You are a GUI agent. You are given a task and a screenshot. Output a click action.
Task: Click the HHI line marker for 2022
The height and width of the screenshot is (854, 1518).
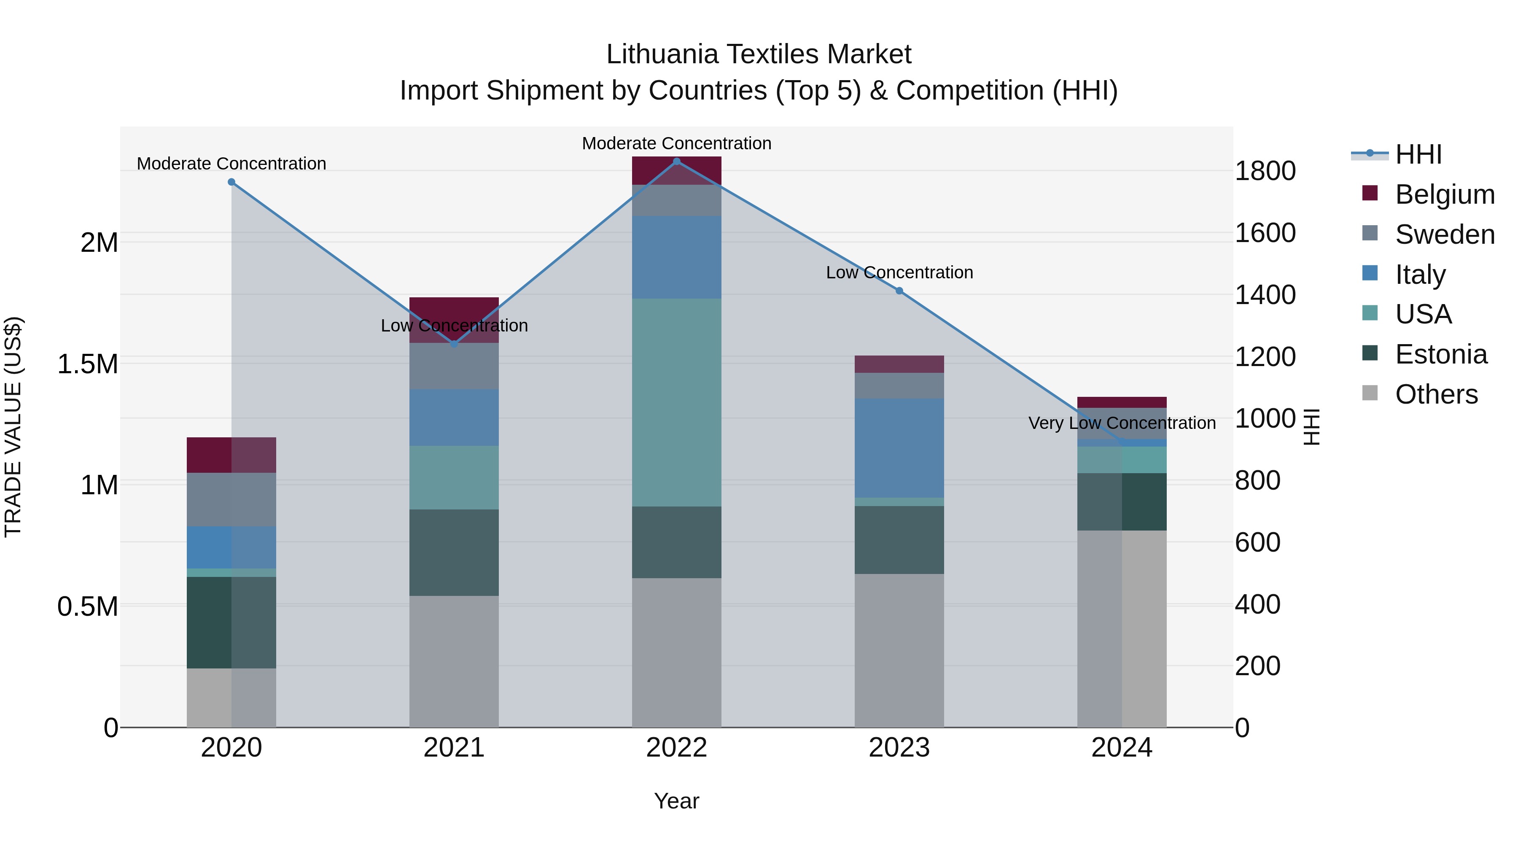[x=676, y=162]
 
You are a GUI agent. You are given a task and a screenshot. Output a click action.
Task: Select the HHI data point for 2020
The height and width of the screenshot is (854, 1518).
[x=231, y=182]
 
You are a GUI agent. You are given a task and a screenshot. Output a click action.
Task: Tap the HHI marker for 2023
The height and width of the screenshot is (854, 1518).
[x=899, y=291]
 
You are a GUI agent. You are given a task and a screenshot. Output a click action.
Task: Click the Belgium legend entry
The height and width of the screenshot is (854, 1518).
[x=1444, y=194]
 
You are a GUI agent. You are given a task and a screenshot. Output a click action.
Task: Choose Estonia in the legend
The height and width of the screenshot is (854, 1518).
[x=1440, y=354]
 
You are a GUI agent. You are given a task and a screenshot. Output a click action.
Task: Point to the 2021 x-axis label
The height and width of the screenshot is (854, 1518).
[x=454, y=748]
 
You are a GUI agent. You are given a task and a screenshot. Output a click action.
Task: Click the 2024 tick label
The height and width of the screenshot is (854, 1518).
[x=1121, y=748]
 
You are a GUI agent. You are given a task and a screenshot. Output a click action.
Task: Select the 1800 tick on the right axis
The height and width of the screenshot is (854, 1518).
[x=1265, y=171]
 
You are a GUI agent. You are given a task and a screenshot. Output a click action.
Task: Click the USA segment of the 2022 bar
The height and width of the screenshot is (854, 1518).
[x=676, y=403]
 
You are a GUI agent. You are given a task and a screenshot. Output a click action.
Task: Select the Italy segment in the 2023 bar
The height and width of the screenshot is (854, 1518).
[x=899, y=448]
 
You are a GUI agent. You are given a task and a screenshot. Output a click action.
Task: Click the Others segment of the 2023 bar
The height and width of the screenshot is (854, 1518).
[x=899, y=651]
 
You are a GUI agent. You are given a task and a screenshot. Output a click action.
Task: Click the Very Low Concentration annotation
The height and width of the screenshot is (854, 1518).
[x=1121, y=423]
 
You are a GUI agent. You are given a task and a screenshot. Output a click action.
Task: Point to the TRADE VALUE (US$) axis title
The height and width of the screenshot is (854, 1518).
[x=13, y=427]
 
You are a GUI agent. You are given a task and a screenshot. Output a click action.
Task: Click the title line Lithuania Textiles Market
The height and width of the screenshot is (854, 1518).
[x=759, y=54]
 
